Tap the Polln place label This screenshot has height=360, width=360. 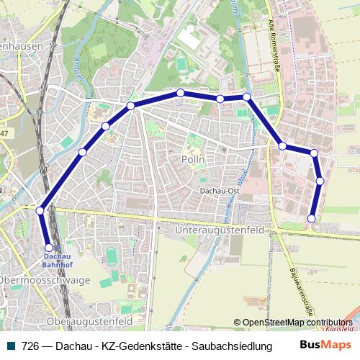click(x=194, y=159)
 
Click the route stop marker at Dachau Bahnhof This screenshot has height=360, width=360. click(x=49, y=247)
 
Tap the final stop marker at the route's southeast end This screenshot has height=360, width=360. click(x=312, y=218)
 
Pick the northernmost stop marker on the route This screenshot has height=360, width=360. click(x=180, y=93)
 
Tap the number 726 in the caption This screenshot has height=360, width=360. click(x=30, y=346)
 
